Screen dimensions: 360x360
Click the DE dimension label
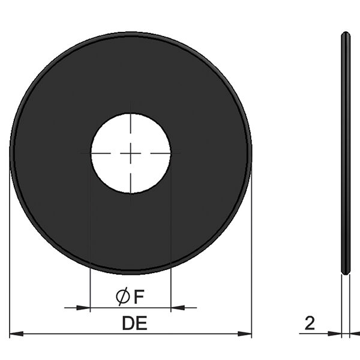tap(134, 323)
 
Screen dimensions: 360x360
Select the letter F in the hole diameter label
tap(139, 297)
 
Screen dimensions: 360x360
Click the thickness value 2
tap(310, 323)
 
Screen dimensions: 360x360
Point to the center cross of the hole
tap(131, 153)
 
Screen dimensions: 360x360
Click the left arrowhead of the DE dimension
tap(17, 334)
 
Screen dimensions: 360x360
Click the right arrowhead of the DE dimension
tap(245, 334)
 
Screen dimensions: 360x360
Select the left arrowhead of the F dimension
tap(83, 308)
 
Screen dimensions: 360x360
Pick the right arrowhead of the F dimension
tap(178, 308)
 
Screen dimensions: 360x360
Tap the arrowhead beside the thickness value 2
tap(335, 334)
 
